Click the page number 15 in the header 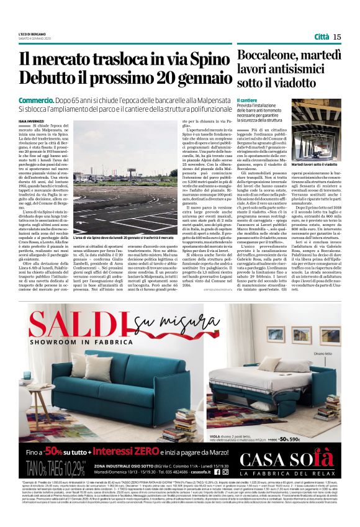click(x=337, y=37)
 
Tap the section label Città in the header click(x=322, y=37)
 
